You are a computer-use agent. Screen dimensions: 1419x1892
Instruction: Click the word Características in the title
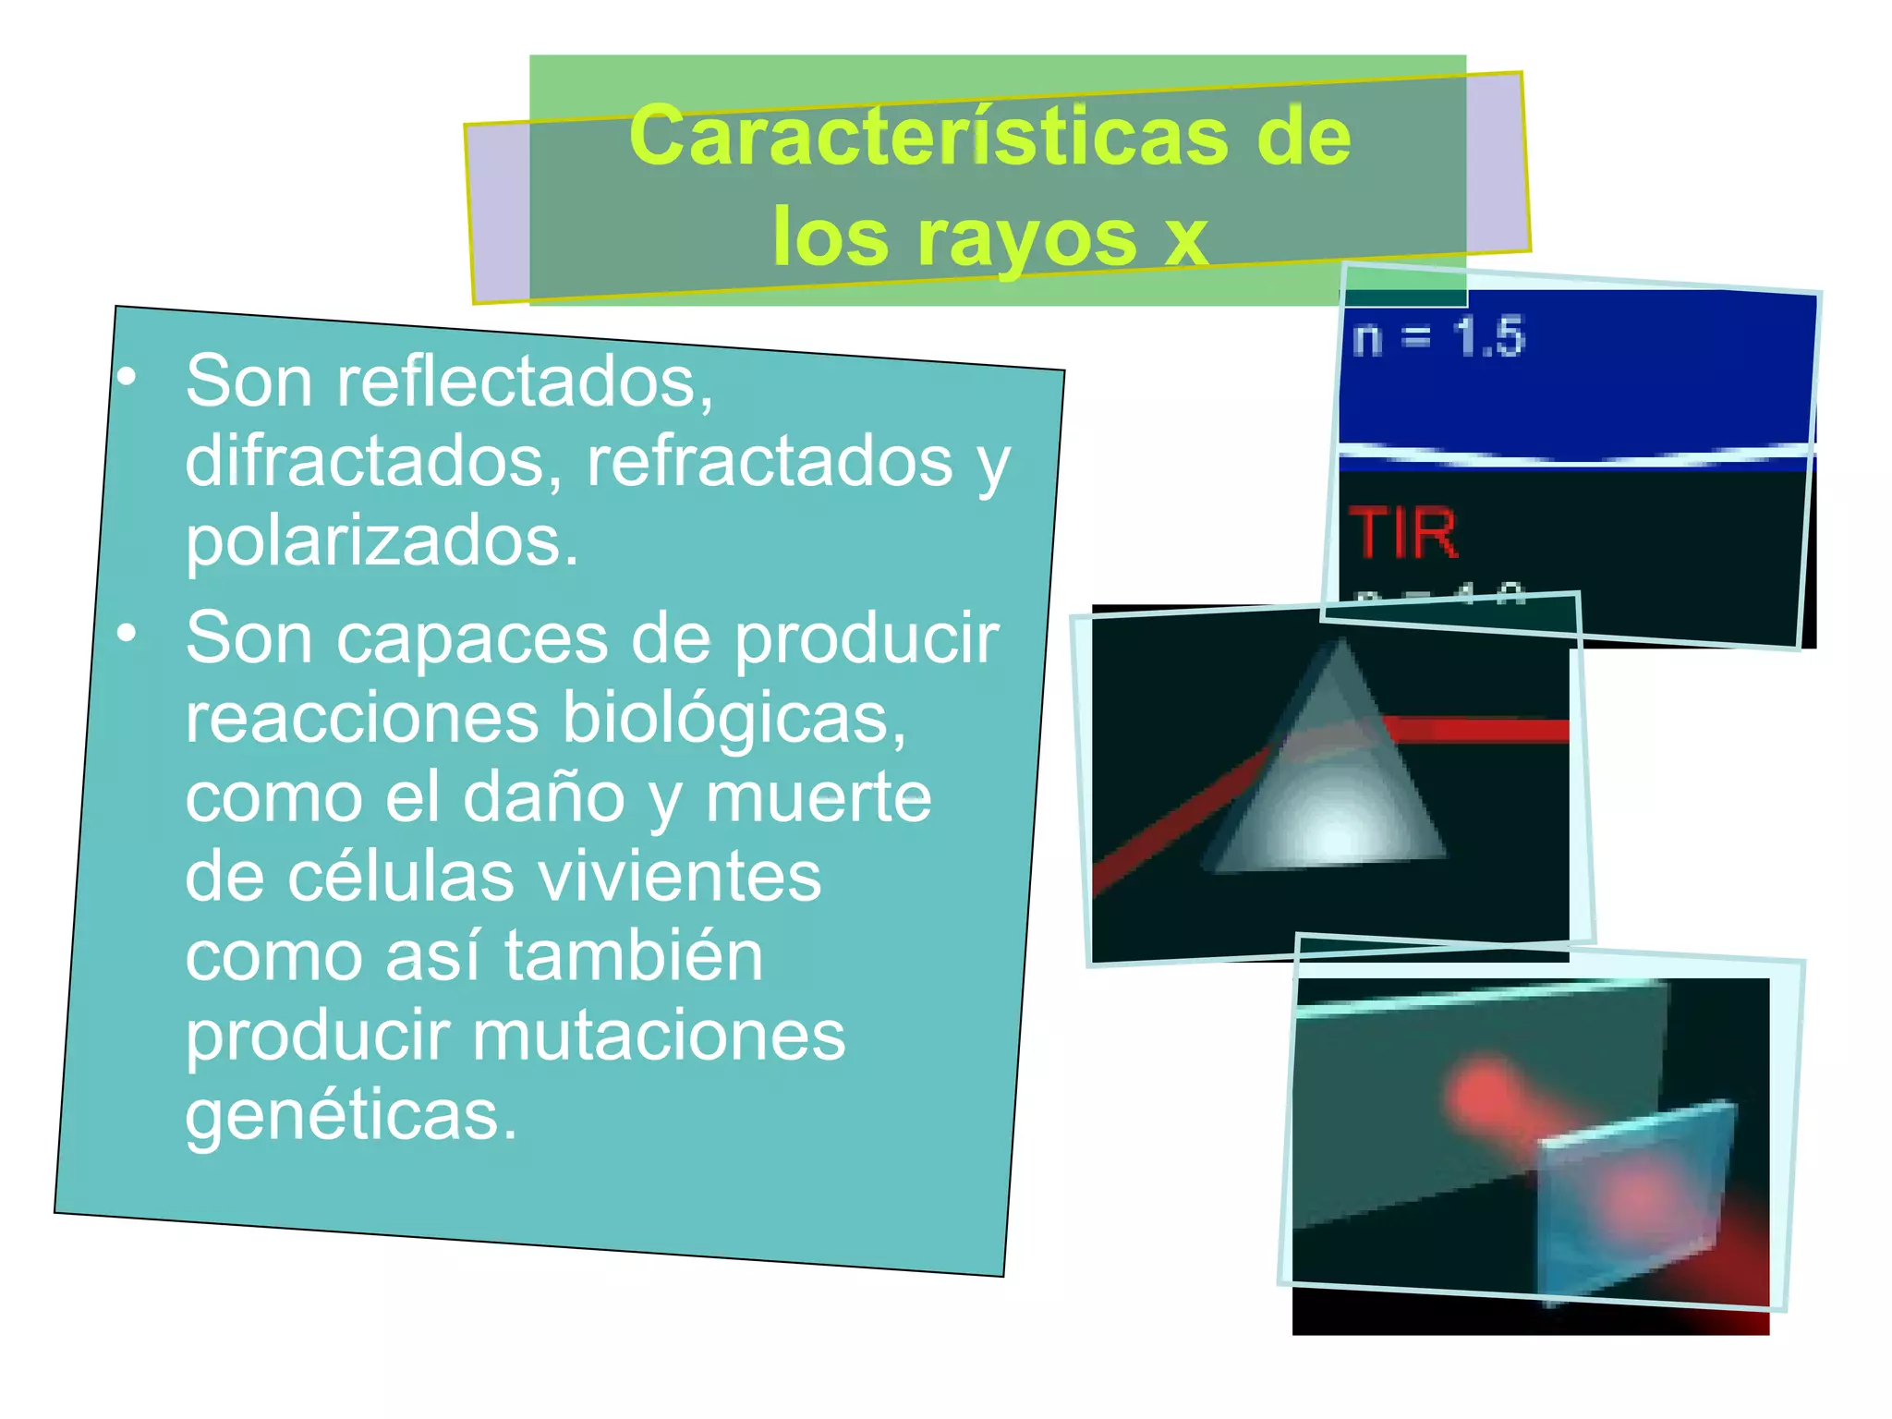(x=928, y=136)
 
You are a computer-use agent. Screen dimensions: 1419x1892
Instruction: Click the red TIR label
(x=1402, y=534)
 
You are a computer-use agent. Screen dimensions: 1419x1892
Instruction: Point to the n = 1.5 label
(x=1437, y=336)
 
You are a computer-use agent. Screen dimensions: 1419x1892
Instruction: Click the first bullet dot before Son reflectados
(x=127, y=376)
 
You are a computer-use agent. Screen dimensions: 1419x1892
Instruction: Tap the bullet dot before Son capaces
(x=127, y=633)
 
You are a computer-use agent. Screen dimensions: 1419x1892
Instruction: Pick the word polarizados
(x=382, y=540)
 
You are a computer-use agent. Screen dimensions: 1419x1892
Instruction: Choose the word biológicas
(x=734, y=718)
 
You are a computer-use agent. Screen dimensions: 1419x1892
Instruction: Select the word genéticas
(x=350, y=1115)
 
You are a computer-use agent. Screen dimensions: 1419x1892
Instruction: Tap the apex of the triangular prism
(x=1340, y=644)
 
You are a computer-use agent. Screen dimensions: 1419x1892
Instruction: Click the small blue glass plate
(x=1631, y=1201)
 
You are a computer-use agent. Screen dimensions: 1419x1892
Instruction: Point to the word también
(x=633, y=956)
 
